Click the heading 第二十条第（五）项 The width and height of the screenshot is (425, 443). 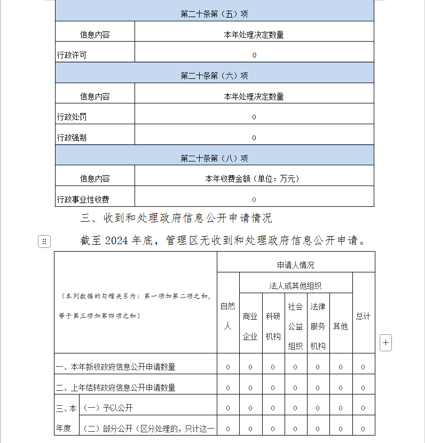[214, 14]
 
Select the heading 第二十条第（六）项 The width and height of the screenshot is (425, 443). [214, 76]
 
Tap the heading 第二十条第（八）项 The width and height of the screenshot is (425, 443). [214, 158]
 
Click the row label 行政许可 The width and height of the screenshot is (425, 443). [72, 55]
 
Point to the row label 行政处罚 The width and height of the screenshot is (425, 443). [72, 117]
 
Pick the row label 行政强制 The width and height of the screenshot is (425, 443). [72, 138]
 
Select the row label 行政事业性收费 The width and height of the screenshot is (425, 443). [83, 199]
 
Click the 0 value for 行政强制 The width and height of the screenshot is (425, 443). [254, 138]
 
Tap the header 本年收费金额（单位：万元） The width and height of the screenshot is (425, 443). [254, 179]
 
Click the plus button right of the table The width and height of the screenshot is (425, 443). [385, 343]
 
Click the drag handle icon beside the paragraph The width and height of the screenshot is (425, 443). [44, 241]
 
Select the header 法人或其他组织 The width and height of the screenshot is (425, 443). [295, 286]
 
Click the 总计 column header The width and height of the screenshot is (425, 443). [363, 316]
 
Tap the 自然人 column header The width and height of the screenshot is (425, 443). [227, 316]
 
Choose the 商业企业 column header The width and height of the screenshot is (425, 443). [250, 326]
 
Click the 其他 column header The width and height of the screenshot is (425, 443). [340, 326]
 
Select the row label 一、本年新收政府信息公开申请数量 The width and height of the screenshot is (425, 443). [116, 367]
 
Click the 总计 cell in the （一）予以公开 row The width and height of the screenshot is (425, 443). [363, 408]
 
